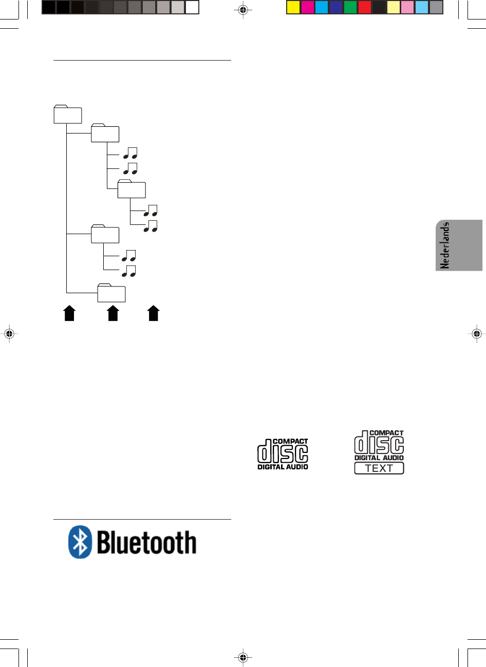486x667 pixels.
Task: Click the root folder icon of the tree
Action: pos(68,115)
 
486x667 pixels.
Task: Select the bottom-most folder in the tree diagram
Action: pos(112,293)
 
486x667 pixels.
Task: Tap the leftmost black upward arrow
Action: pos(69,313)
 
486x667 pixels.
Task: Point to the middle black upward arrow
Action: pos(113,313)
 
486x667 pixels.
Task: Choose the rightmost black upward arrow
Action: pos(153,313)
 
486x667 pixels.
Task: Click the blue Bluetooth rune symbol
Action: pos(80,542)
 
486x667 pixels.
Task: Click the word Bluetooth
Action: pos(147,543)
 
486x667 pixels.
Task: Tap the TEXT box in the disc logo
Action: pos(379,468)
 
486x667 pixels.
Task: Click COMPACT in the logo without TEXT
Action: pos(290,441)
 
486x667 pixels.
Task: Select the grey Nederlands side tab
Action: pos(459,245)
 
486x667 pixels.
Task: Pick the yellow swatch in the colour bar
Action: pos(293,7)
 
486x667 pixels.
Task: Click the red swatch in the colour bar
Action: pos(365,7)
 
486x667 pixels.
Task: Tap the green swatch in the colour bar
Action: pos(350,7)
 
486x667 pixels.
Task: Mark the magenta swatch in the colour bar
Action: pos(308,7)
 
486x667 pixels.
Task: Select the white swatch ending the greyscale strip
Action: pos(192,7)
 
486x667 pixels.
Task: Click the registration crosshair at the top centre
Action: pos(244,10)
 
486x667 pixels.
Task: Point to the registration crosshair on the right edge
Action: pos(477,334)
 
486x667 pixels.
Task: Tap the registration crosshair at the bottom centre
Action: pos(244,657)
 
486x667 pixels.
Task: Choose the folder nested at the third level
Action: pos(132,189)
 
